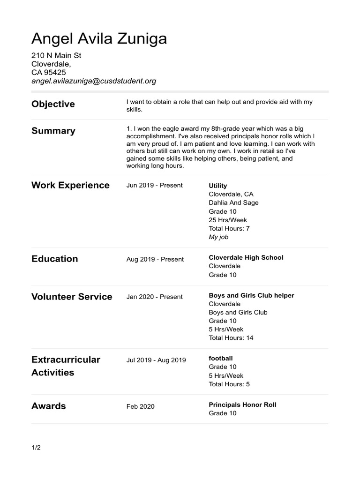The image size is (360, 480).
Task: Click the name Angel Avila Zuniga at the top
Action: [99, 38]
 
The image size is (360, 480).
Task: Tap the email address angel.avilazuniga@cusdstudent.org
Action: [94, 81]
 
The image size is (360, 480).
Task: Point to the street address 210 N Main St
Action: [56, 56]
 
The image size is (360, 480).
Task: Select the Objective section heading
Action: [53, 104]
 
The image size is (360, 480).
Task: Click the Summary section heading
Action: [53, 131]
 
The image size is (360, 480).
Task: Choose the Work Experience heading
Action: [70, 185]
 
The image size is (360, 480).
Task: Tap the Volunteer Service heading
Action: [72, 297]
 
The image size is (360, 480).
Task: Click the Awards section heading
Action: [49, 406]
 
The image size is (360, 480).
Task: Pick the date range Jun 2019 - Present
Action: [155, 185]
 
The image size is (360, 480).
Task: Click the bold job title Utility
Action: [218, 186]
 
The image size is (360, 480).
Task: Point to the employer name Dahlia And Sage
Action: [233, 202]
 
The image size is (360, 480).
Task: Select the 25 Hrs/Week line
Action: [228, 220]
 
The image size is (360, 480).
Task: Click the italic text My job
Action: [218, 237]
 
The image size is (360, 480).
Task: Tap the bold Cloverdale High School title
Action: [246, 257]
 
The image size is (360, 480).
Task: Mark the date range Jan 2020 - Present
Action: [155, 297]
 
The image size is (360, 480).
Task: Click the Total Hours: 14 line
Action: [231, 337]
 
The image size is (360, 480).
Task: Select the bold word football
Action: [221, 358]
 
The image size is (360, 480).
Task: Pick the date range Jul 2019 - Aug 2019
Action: [156, 360]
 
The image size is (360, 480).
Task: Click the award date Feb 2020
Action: [140, 406]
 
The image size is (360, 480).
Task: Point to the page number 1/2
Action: [36, 448]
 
